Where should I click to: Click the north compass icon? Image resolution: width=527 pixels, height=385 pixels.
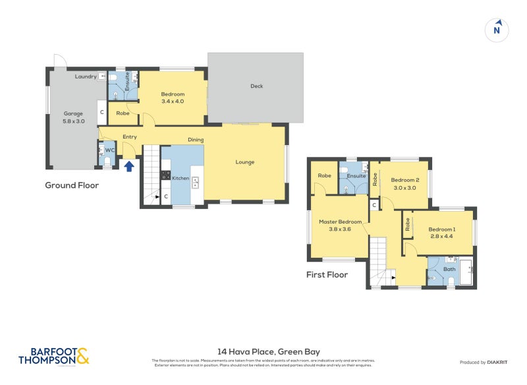point(498,30)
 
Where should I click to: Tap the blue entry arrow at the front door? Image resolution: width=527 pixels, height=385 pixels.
point(129,166)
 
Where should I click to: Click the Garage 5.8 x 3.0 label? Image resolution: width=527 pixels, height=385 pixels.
point(74,117)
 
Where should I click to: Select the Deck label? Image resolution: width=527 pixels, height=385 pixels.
point(257,86)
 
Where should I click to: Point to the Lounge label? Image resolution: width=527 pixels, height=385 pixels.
point(245,162)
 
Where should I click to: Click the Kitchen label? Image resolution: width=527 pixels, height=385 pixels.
point(180,178)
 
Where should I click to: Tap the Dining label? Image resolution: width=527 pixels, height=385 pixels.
point(196,140)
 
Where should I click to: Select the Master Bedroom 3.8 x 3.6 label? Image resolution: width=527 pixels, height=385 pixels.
point(341,225)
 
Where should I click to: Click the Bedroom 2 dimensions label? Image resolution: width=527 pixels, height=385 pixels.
point(404,188)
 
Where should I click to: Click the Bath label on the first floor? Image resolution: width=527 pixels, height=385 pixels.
point(449,269)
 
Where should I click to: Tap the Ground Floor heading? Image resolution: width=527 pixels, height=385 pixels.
point(72,185)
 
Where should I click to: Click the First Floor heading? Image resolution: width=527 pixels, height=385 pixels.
point(327,274)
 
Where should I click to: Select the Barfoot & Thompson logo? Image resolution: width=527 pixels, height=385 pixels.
point(53,356)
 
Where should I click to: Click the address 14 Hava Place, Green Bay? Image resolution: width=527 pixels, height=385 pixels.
point(263,351)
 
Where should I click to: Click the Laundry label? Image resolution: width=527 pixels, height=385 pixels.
point(86,76)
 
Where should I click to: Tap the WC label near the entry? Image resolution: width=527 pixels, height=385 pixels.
point(111,150)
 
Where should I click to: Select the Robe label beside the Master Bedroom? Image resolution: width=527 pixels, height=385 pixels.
point(324,175)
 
